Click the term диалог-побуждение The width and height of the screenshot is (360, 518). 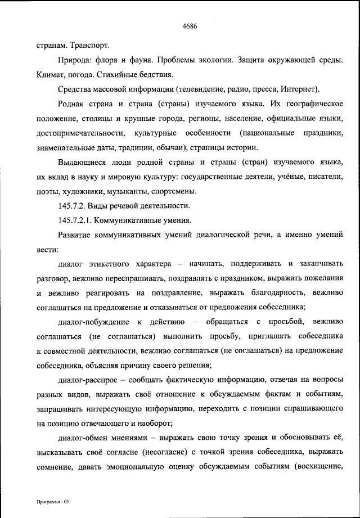coord(92,322)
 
